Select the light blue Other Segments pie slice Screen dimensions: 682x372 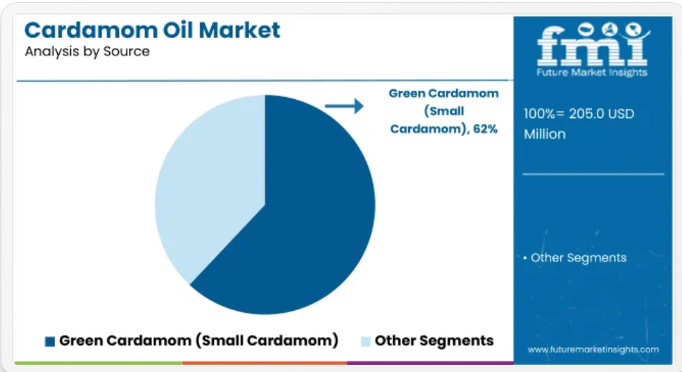point(213,183)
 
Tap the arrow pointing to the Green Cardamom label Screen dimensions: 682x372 point(344,105)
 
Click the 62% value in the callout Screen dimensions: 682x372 point(486,129)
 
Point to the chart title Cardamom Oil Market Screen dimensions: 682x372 point(152,30)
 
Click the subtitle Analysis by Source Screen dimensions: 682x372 point(87,51)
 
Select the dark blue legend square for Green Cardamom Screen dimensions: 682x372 point(50,342)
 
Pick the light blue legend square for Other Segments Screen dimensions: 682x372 point(366,342)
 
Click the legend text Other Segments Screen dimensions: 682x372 point(434,341)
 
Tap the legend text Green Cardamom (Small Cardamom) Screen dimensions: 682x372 point(198,341)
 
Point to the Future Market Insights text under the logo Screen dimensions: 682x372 point(592,72)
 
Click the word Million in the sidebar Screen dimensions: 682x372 point(545,134)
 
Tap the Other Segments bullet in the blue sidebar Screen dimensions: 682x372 point(574,257)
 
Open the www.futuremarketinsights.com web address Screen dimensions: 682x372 point(593,349)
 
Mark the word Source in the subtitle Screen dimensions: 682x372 point(126,51)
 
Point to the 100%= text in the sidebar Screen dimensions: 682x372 point(544,114)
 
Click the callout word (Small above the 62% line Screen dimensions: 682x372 point(444,111)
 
